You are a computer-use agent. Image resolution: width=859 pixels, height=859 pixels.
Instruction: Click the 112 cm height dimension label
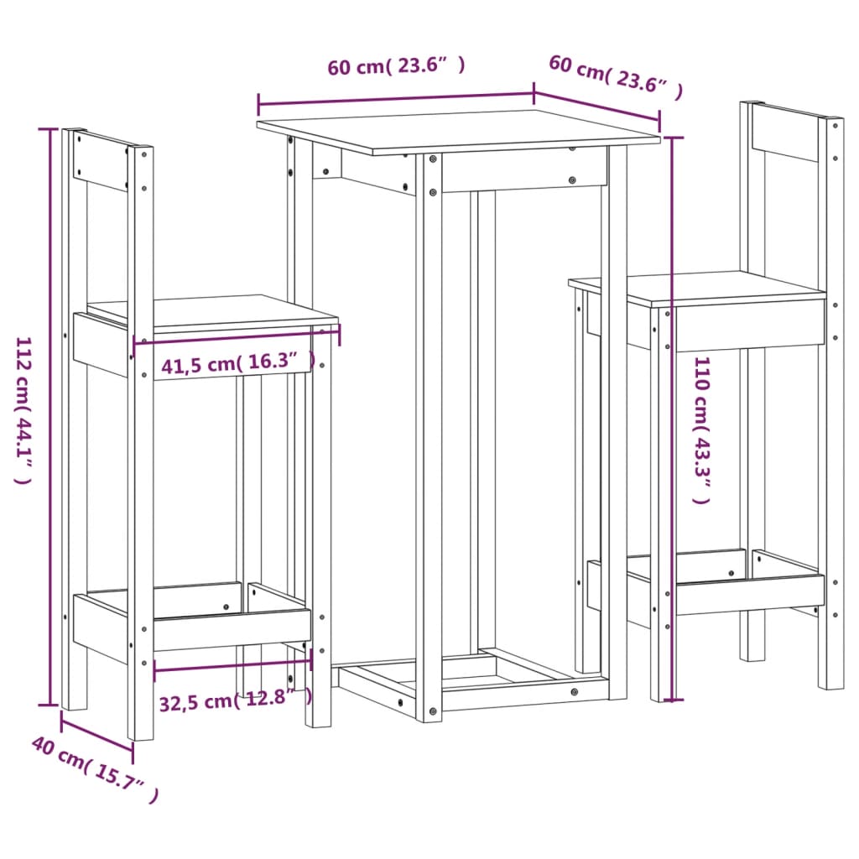coord(23,411)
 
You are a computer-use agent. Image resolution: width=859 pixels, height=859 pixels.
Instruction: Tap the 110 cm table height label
coord(701,429)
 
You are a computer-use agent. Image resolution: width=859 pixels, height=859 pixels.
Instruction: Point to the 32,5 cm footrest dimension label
coord(235,698)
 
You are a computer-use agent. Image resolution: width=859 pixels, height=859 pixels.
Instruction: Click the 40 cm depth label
coord(95,768)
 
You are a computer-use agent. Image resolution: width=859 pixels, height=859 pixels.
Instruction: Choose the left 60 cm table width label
coord(396,67)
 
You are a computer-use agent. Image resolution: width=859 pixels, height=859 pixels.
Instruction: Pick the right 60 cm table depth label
coord(616,76)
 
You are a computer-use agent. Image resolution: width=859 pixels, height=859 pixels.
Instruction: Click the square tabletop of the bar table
coord(457,131)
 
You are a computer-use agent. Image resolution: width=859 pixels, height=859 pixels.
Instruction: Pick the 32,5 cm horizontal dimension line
coord(232,666)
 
